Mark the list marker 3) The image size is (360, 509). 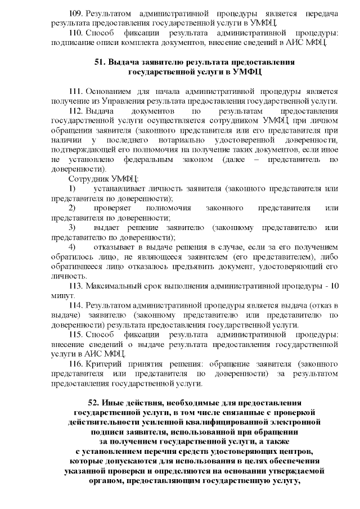tap(72, 227)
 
